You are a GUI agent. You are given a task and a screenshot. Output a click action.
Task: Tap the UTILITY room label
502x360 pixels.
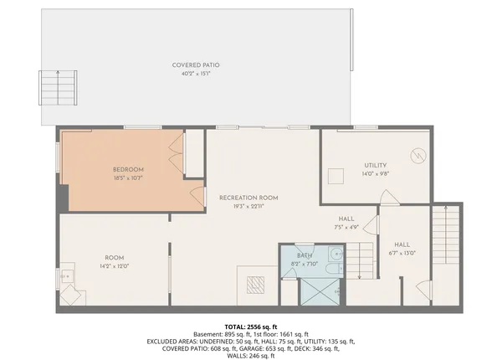coord(376,165)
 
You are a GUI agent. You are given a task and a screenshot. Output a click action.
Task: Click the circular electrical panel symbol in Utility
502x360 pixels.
coord(417,155)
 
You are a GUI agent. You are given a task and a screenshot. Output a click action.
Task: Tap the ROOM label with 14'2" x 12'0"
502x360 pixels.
coord(115,257)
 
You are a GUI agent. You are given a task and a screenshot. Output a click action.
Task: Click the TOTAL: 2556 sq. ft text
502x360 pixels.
coord(251,326)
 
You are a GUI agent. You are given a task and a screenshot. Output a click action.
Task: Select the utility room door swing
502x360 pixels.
coord(387,198)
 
